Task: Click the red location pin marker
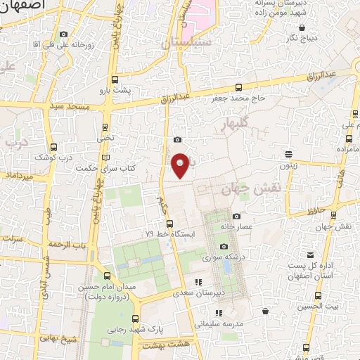(x=181, y=165)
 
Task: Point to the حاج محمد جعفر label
(x=238, y=98)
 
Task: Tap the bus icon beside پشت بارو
(x=115, y=80)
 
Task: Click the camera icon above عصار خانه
(x=236, y=216)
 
